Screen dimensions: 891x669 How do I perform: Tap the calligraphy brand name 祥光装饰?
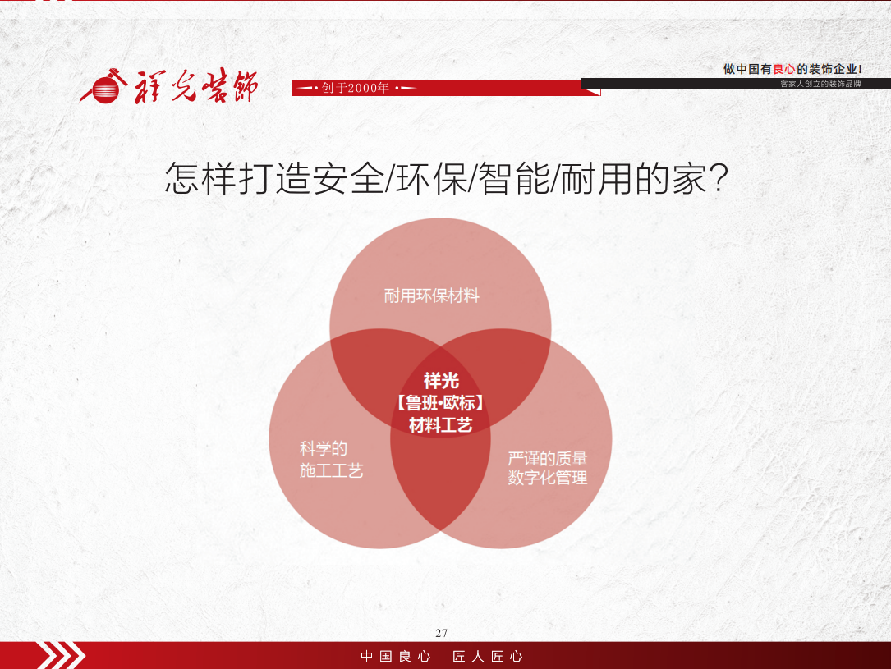[196, 86]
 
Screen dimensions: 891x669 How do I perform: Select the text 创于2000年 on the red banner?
[355, 88]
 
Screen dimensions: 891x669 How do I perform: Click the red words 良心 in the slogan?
[783, 69]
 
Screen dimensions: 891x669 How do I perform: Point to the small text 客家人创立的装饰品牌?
[820, 84]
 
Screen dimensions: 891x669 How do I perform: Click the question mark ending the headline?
[719, 178]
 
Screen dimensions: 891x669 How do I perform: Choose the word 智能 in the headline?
[514, 178]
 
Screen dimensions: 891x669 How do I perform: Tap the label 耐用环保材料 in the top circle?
[431, 296]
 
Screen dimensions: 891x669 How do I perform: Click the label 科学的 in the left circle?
[324, 449]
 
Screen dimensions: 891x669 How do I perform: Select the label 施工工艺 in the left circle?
[331, 471]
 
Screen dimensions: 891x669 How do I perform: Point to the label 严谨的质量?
[547, 458]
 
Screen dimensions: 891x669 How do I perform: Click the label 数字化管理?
[547, 478]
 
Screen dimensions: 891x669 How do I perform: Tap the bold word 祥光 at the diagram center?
[441, 381]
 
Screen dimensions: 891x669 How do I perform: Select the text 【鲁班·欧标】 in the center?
[440, 403]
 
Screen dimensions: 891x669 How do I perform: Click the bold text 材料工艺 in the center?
[440, 425]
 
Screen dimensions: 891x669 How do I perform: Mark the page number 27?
[442, 633]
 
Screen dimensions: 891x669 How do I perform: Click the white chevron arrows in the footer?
[61, 655]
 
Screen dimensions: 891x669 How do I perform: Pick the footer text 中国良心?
[396, 657]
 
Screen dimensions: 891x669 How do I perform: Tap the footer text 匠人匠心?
[488, 657]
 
